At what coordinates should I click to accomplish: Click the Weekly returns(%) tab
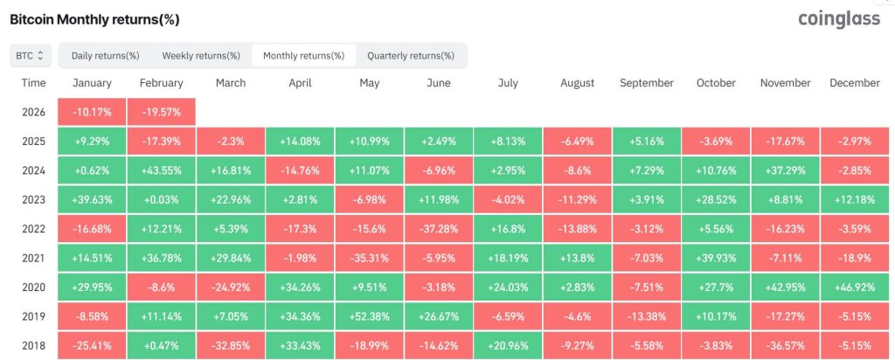click(x=200, y=56)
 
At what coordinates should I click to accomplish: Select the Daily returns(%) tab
click(x=105, y=56)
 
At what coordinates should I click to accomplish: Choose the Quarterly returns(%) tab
click(x=410, y=56)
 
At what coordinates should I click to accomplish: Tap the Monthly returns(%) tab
click(x=303, y=56)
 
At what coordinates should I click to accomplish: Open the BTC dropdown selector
click(x=31, y=56)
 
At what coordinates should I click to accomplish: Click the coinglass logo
click(x=839, y=19)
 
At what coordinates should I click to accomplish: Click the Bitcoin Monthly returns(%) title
click(x=94, y=18)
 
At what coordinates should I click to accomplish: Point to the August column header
click(x=577, y=83)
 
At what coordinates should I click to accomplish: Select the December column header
click(x=855, y=83)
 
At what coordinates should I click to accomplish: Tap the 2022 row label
click(x=33, y=229)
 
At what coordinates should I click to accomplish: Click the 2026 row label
click(x=33, y=112)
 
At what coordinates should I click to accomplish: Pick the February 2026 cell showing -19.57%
click(x=161, y=112)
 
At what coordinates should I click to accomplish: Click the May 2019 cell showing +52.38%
click(x=369, y=317)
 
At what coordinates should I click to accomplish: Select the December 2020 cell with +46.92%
click(x=855, y=287)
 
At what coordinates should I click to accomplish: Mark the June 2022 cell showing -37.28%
click(x=438, y=229)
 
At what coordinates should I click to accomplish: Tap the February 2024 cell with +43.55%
click(x=161, y=170)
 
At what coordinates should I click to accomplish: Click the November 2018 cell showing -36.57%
click(x=785, y=346)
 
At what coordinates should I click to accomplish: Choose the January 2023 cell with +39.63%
click(x=92, y=200)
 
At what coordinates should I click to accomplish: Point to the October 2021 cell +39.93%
click(x=716, y=259)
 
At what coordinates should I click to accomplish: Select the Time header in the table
click(x=33, y=83)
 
